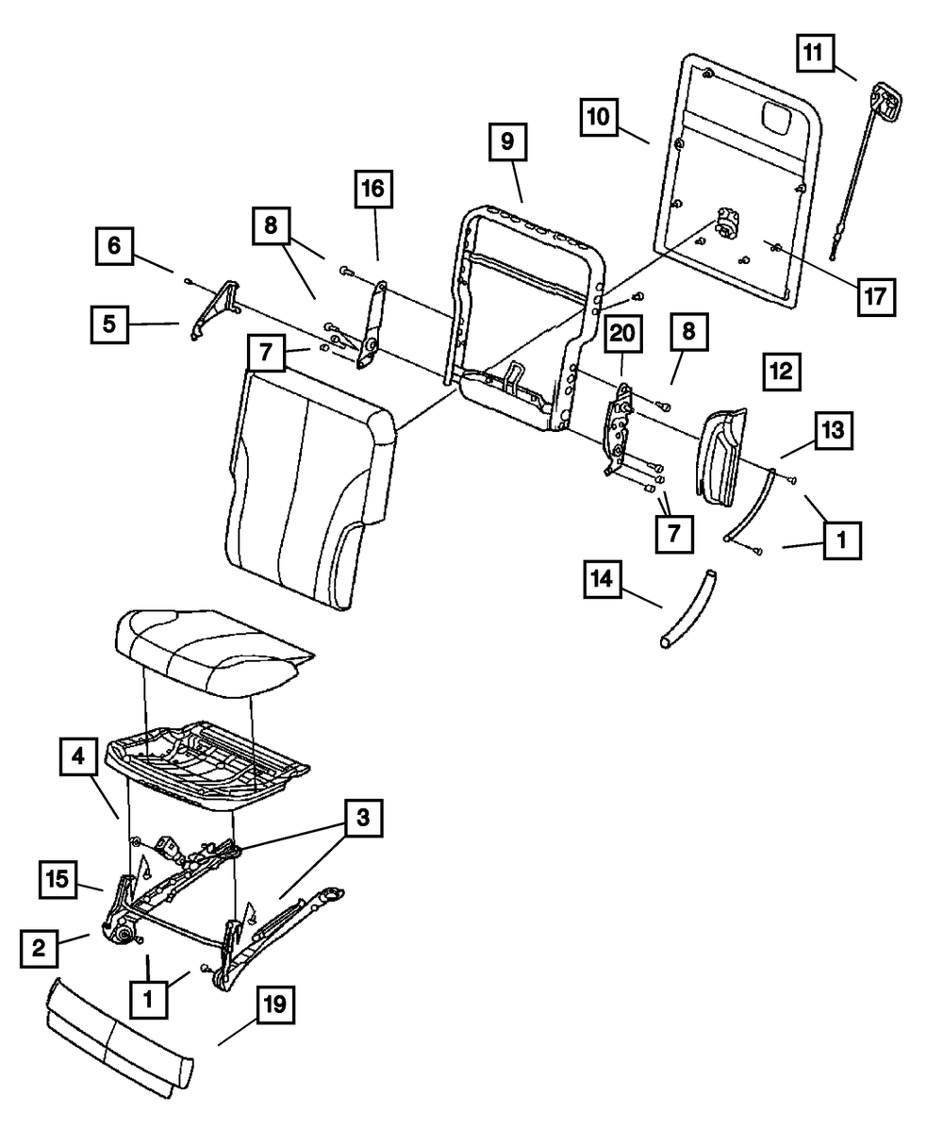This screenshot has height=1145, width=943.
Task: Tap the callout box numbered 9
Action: [507, 143]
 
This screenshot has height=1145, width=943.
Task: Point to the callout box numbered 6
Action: [113, 246]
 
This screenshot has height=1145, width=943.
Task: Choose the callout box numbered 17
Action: [874, 295]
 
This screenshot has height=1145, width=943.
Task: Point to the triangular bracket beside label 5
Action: [212, 307]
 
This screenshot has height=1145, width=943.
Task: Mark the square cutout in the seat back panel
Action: [778, 118]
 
